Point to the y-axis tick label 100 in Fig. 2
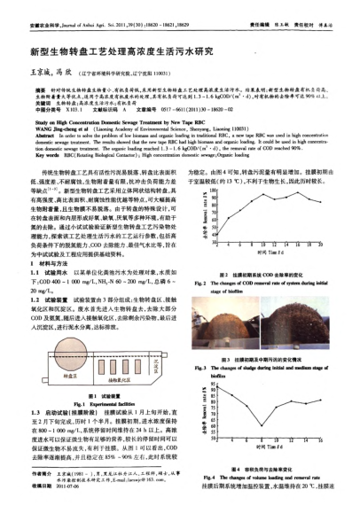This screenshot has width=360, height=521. pyautogui.click(x=219, y=165)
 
